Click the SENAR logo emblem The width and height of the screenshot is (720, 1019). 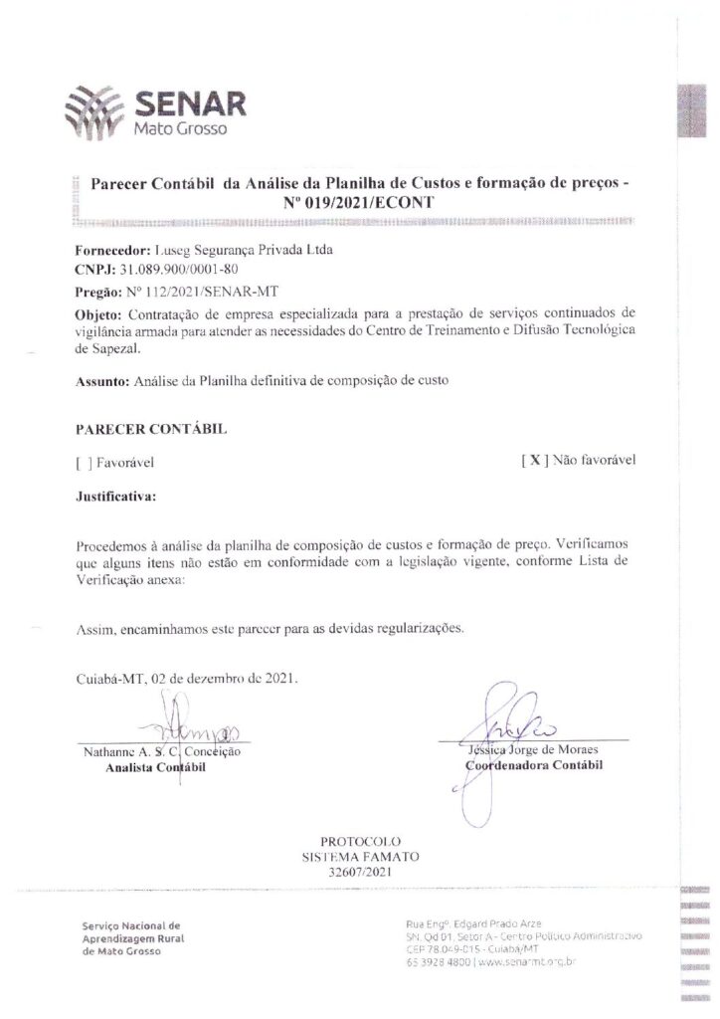[x=97, y=109]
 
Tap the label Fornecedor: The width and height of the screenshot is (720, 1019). [x=111, y=251]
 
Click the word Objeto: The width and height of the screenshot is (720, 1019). [x=97, y=314]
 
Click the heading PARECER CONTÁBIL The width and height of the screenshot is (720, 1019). [x=150, y=428]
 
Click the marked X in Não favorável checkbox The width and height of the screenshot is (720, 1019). [x=534, y=460]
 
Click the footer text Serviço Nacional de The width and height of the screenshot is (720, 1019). [x=131, y=924]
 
